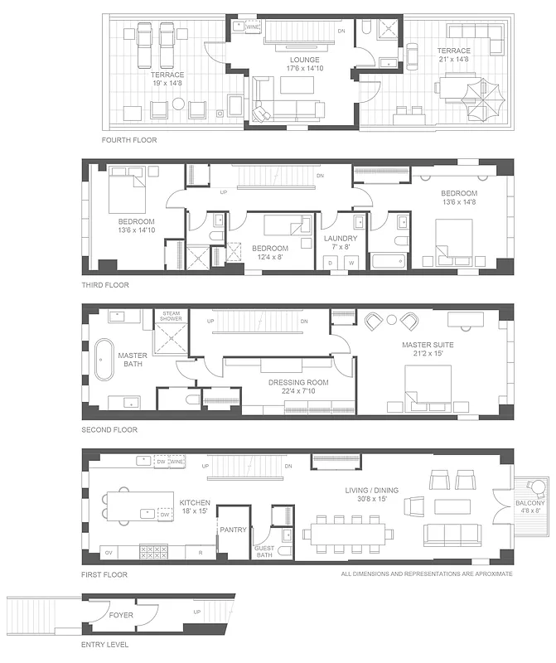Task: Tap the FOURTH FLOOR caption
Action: pos(128,140)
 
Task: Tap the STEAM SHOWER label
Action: pos(172,316)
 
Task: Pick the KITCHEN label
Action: pos(195,502)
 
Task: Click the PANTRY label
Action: pos(234,530)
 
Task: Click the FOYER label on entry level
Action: pos(123,616)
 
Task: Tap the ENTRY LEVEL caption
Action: pos(104,644)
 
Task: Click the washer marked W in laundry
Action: pos(351,264)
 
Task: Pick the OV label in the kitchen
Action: pos(108,552)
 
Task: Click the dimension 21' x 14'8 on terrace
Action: pos(454,60)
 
